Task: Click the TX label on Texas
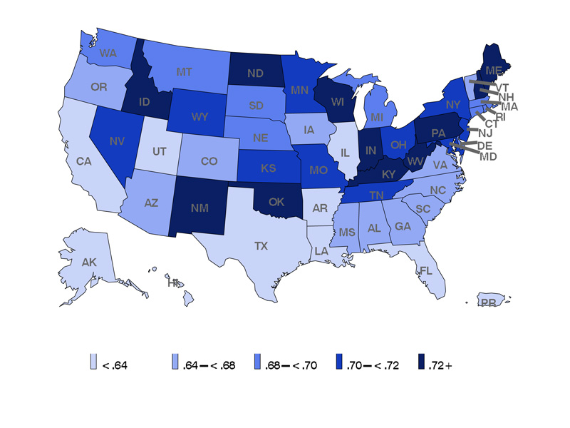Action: (261, 245)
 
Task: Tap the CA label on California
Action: (84, 161)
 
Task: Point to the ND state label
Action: (255, 73)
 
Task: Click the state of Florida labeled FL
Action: (426, 271)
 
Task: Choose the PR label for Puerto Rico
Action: (488, 302)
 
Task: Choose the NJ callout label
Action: (485, 133)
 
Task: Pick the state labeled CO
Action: (209, 161)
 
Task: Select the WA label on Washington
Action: (108, 53)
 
